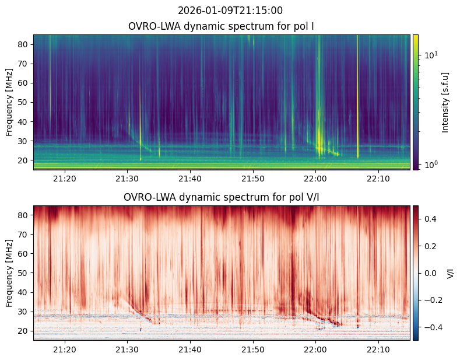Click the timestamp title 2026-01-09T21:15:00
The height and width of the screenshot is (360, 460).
coord(230,11)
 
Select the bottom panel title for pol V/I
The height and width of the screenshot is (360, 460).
coord(221,197)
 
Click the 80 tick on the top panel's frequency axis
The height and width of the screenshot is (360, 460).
coord(24,44)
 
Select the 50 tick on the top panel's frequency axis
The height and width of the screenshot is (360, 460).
coord(24,102)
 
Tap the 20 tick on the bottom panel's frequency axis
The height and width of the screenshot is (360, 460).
coord(24,331)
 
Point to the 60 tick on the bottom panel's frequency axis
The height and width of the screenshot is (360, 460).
coord(24,254)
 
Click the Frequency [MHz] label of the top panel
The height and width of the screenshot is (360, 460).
coord(9,102)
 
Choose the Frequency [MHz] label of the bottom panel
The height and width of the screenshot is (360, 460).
coord(9,273)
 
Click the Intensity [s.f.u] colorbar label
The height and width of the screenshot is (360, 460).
coord(446,102)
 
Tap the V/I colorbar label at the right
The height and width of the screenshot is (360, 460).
coord(450,273)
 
